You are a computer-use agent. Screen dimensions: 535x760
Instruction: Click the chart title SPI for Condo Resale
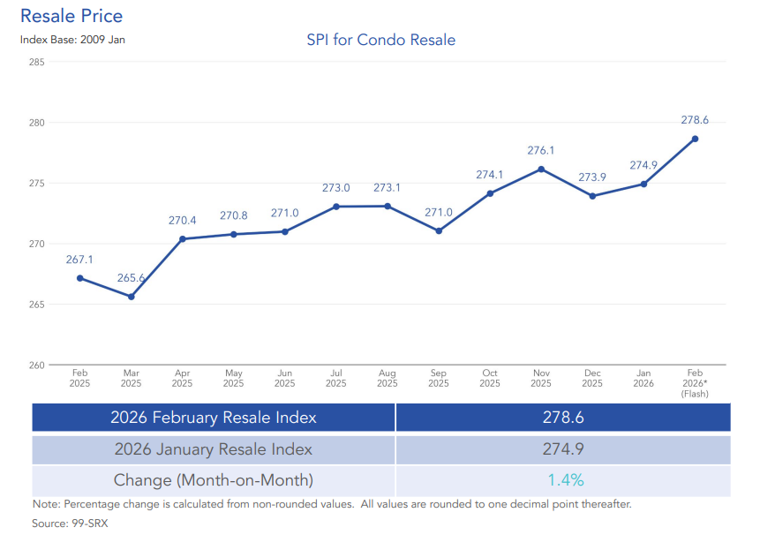coord(380,40)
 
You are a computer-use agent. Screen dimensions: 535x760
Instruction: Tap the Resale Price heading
coord(71,16)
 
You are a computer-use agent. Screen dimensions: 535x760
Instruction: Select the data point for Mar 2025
coord(131,297)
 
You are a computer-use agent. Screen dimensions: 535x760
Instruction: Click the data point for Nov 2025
coord(541,169)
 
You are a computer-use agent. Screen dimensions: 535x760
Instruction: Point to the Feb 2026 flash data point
coord(695,139)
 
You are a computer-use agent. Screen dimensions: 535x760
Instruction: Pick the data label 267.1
coord(79,260)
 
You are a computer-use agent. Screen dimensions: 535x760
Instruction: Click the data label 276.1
coord(541,151)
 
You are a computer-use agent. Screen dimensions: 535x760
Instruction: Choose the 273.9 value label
coord(592,177)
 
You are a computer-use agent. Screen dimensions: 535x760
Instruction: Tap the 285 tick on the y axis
coord(36,62)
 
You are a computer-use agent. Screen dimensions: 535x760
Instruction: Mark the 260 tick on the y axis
coord(36,365)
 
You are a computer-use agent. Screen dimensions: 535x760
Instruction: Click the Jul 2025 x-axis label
coord(335,379)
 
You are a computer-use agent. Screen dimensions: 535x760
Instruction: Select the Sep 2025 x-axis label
coord(439,379)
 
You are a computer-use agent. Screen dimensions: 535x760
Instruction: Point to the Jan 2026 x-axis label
coord(643,379)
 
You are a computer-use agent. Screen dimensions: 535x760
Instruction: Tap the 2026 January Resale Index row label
coord(214,449)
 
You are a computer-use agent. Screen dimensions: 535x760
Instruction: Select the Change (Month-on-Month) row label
coord(214,480)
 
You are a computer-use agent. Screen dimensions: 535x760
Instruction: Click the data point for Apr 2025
coord(183,238)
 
